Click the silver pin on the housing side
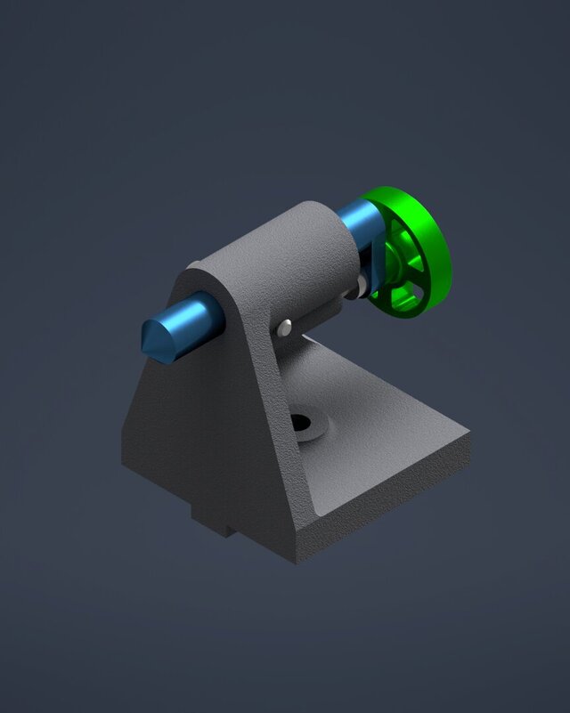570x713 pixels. coord(284,328)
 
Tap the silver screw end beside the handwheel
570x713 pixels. coord(362,285)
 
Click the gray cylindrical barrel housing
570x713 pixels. coord(285,258)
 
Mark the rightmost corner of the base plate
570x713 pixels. coord(469,435)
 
